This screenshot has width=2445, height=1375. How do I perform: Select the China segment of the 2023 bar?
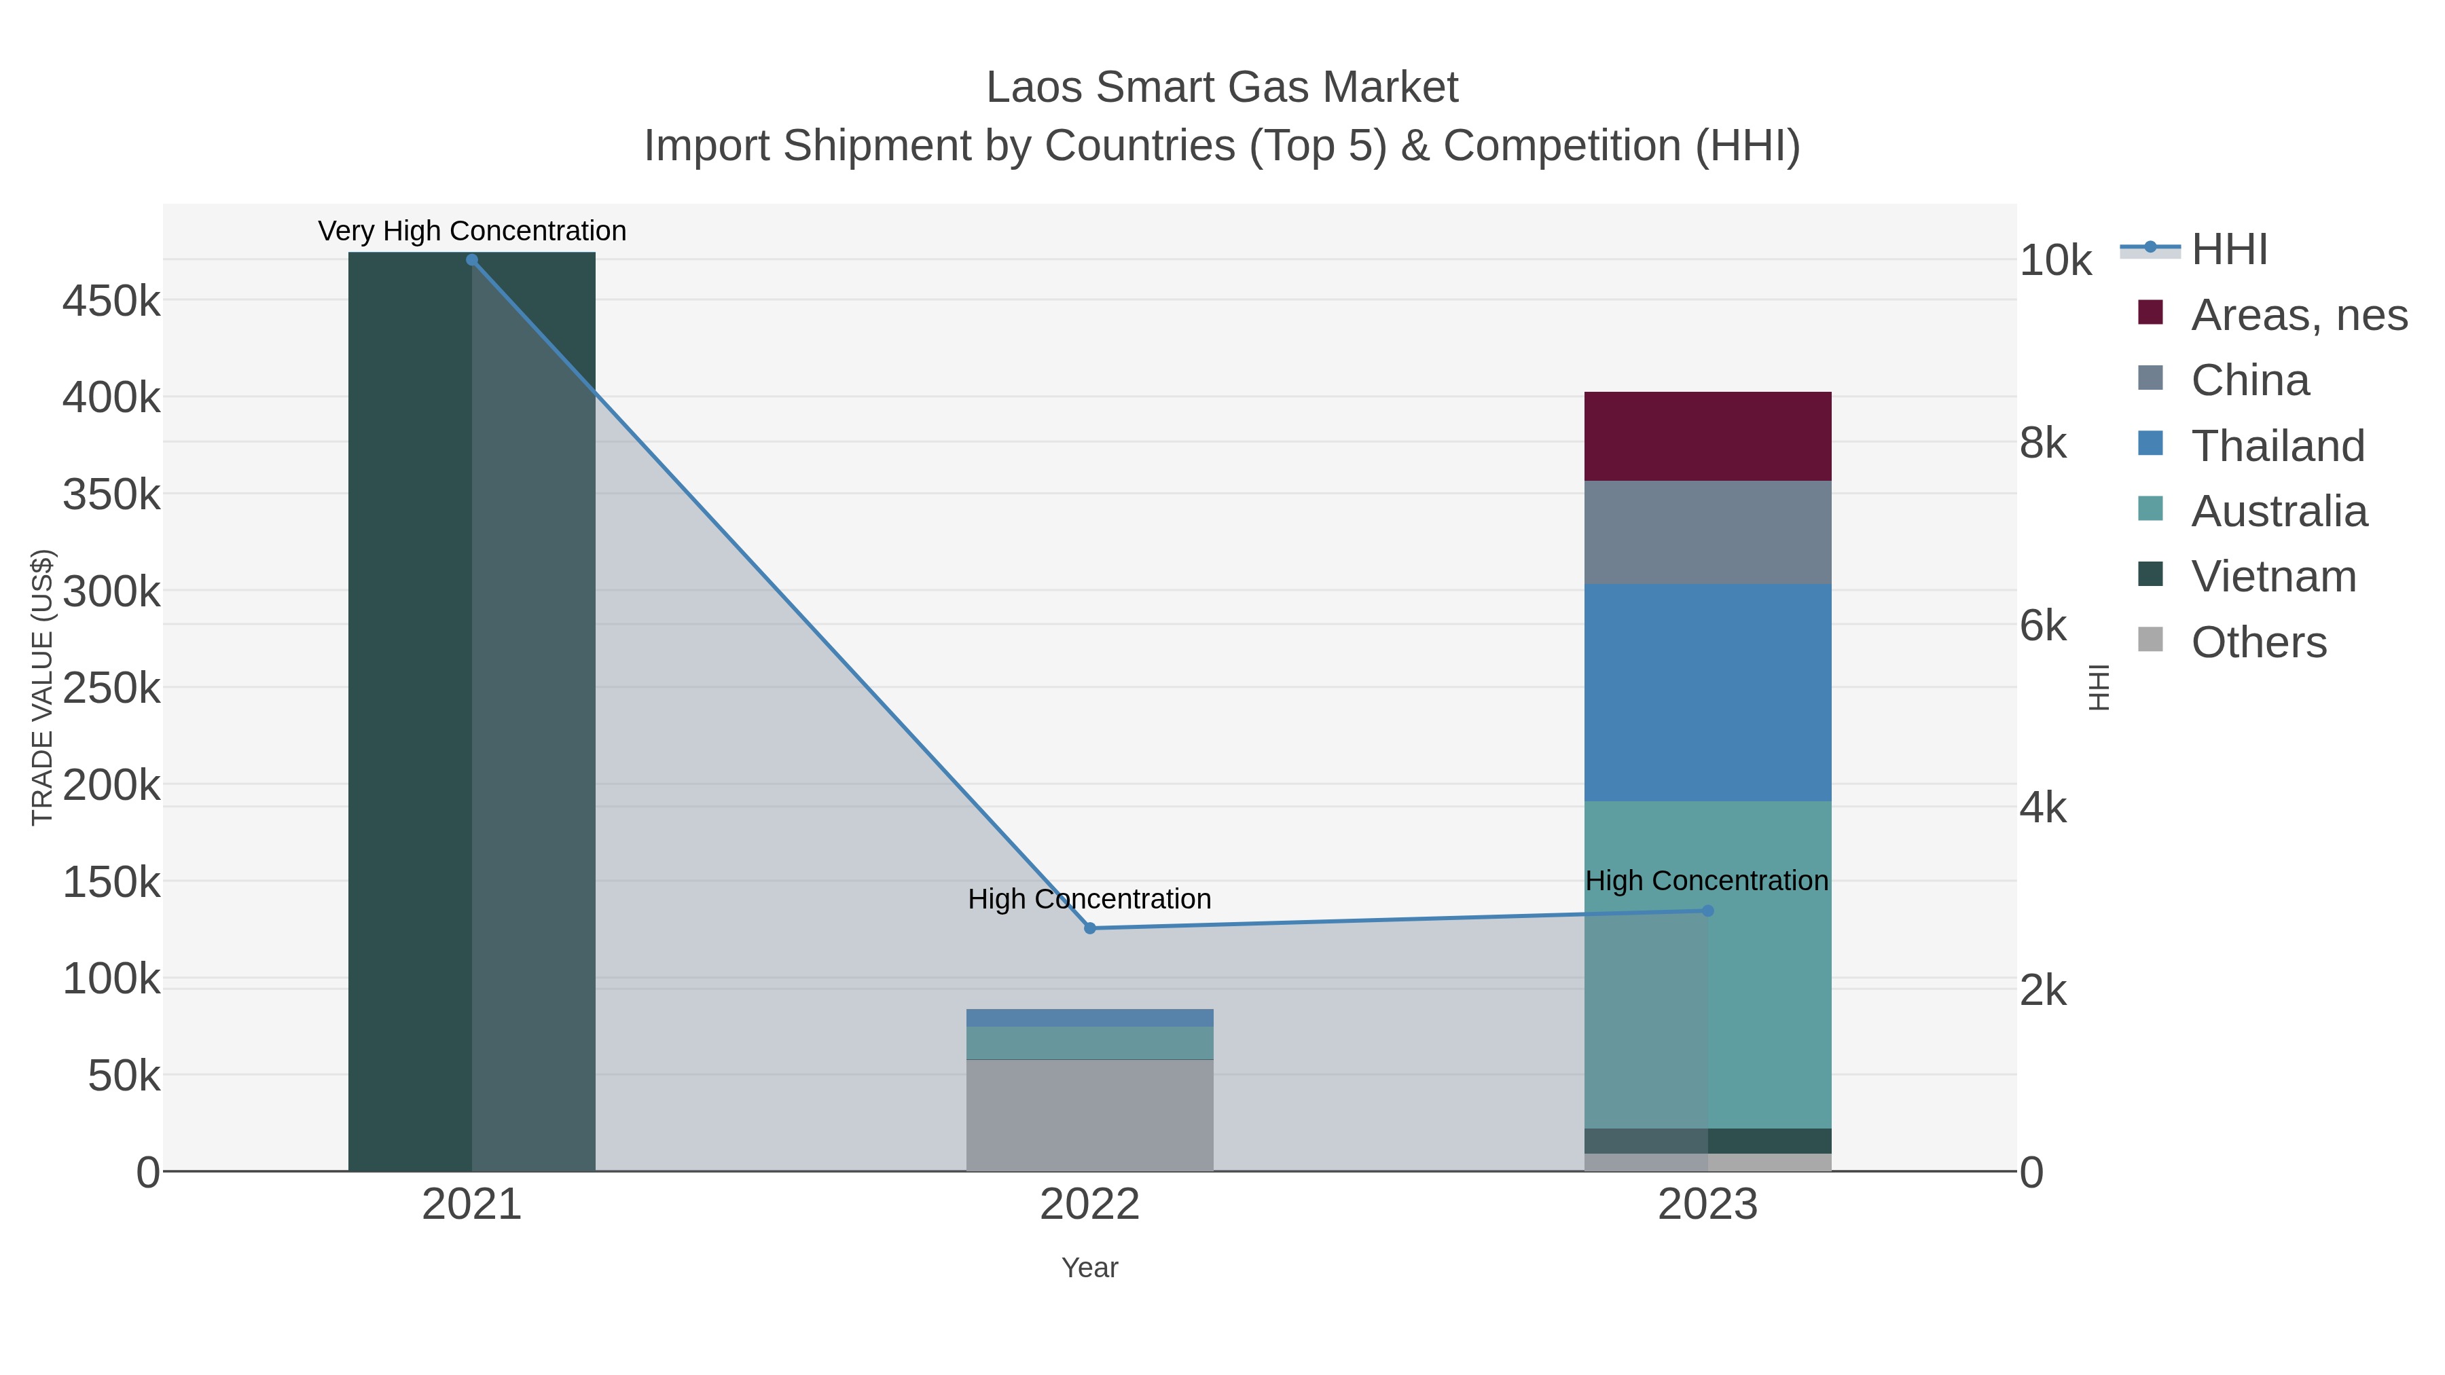1707,532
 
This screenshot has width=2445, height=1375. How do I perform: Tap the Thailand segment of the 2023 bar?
1707,692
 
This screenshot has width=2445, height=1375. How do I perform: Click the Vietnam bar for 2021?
472,711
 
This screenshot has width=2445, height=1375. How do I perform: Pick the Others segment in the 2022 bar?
1089,1115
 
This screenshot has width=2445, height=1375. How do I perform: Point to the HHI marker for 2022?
1089,928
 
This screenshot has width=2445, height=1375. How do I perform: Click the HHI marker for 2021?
472,260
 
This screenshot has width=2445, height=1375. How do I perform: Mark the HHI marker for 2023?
1707,911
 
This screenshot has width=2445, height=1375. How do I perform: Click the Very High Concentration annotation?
472,231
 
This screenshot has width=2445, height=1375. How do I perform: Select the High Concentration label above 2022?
1089,898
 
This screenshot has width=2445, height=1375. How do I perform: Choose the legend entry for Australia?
2278,511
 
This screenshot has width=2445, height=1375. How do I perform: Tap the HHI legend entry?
2228,250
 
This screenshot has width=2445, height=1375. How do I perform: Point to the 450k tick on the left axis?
111,301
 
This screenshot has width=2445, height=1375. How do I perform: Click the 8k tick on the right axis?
2042,443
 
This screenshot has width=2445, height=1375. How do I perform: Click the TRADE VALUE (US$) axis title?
43,687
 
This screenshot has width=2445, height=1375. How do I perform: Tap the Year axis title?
1089,1268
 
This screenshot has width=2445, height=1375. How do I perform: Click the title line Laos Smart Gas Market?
1222,88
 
